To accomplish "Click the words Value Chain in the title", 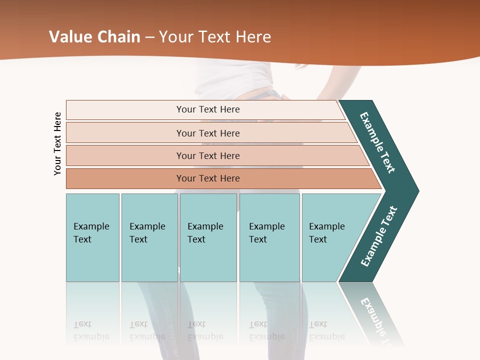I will tap(94, 37).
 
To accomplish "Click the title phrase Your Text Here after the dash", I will tap(215, 37).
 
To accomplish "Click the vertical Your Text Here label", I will tap(57, 143).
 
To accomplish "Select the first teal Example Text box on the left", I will tap(92, 237).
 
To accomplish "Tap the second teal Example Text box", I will tap(149, 237).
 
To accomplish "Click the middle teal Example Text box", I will tap(208, 237).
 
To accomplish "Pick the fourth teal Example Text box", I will tap(269, 237).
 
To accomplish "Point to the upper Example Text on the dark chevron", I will tap(377, 142).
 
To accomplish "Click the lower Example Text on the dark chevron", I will tap(379, 236).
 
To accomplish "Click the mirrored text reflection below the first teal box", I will tap(91, 330).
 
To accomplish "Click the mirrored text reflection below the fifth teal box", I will tap(326, 330).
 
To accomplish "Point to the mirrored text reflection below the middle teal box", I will tap(205, 330).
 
